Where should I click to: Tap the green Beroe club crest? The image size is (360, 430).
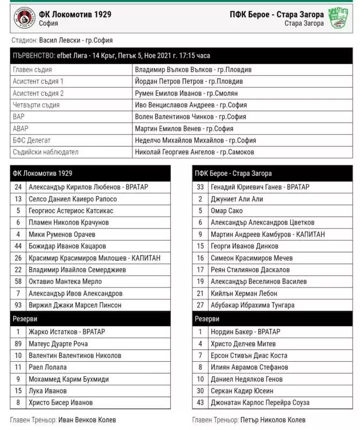[339, 18]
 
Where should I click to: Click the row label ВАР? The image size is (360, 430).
[18, 117]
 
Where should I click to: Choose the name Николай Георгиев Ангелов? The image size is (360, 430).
[195, 152]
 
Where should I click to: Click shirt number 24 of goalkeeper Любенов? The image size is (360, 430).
[18, 187]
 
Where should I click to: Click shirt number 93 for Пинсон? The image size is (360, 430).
[18, 305]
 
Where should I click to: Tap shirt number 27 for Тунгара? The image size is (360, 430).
[200, 305]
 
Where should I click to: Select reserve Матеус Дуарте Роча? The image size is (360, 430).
[58, 344]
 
